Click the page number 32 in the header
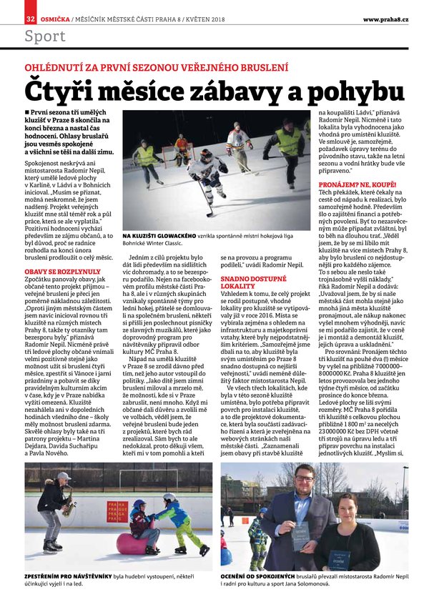click(31, 17)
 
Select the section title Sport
click(44, 36)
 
